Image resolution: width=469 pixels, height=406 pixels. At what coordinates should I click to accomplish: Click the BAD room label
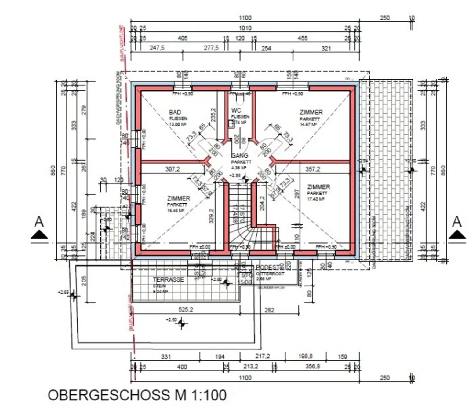tap(175, 113)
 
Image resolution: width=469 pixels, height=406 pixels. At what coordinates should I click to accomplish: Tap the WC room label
tap(236, 110)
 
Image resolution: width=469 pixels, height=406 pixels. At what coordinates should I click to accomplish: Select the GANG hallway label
tap(240, 156)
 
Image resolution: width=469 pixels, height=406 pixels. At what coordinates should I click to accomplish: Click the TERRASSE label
tap(168, 279)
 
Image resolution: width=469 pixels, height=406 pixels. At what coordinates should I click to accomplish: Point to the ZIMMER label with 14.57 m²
tap(311, 112)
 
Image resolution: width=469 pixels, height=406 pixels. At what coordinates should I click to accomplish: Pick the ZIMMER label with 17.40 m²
tap(318, 187)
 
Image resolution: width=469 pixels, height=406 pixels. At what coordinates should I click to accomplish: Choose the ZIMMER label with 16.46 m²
tap(178, 198)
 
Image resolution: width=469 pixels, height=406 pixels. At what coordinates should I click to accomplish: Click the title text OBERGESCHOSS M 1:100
tap(137, 395)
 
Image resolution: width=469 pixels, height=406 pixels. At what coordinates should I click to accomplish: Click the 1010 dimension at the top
tap(245, 28)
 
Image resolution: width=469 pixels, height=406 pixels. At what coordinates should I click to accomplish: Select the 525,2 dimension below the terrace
tap(186, 310)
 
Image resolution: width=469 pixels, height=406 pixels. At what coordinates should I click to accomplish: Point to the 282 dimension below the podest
tap(269, 310)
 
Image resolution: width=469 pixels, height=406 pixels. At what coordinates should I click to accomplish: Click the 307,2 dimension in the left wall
tap(173, 169)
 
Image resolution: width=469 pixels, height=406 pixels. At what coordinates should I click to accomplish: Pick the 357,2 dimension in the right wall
tap(313, 169)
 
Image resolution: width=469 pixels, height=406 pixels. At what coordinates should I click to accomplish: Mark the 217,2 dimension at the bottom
tap(262, 356)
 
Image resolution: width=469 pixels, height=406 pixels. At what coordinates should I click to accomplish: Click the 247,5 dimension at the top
tap(157, 48)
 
